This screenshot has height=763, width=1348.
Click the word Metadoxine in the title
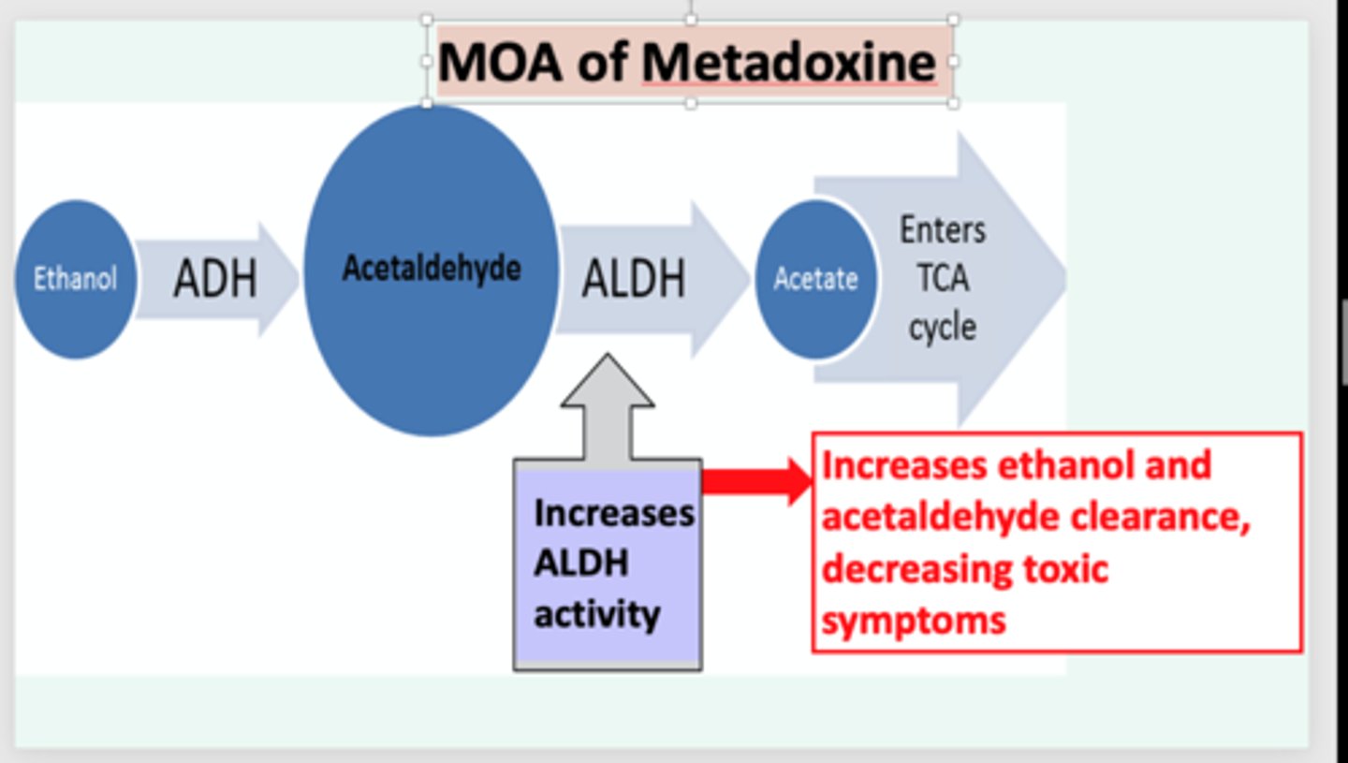point(788,63)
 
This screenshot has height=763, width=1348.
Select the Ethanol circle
point(75,279)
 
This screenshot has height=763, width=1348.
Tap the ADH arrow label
point(214,279)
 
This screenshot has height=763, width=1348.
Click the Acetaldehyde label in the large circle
point(432,269)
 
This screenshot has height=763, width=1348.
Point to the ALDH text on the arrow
point(634,279)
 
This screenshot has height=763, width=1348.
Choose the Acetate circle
point(815,279)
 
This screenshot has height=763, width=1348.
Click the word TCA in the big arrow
point(943,278)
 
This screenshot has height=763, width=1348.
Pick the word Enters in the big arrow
point(943,229)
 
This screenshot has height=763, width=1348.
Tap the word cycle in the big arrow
point(943,328)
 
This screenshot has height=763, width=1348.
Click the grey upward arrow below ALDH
point(608,407)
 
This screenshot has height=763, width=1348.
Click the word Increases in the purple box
point(614,513)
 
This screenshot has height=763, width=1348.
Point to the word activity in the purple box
point(596,615)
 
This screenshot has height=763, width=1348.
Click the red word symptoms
point(914,619)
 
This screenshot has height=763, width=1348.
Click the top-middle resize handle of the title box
point(691,19)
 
